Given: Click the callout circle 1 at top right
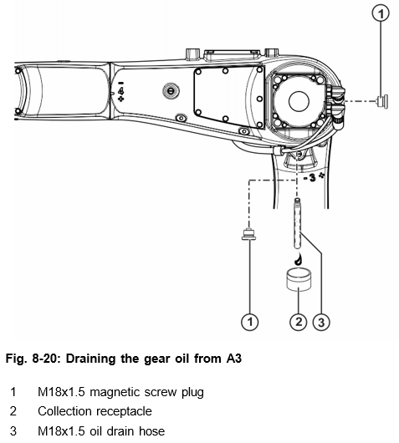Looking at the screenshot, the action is pyautogui.click(x=381, y=13).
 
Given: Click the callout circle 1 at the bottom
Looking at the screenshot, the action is pyautogui.click(x=250, y=322).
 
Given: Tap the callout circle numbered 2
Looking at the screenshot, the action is pyautogui.click(x=299, y=322).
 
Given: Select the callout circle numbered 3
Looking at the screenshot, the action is pyautogui.click(x=321, y=322).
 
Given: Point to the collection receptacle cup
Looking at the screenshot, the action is pyautogui.click(x=299, y=279).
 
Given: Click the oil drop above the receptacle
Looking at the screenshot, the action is pyautogui.click(x=298, y=260).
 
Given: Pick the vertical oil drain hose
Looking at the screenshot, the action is pyautogui.click(x=297, y=223).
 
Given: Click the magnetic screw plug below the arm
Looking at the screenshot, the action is pyautogui.click(x=248, y=235).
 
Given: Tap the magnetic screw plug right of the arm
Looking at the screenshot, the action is pyautogui.click(x=382, y=101).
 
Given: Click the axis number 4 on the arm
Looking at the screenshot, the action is pyautogui.click(x=121, y=91).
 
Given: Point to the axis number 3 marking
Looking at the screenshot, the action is pyautogui.click(x=312, y=177).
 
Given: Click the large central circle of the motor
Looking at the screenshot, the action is pyautogui.click(x=299, y=101).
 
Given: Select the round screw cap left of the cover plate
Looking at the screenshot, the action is pyautogui.click(x=171, y=91).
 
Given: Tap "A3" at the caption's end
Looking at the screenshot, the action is pyautogui.click(x=233, y=359).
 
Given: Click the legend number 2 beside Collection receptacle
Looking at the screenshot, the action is pyautogui.click(x=13, y=411).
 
